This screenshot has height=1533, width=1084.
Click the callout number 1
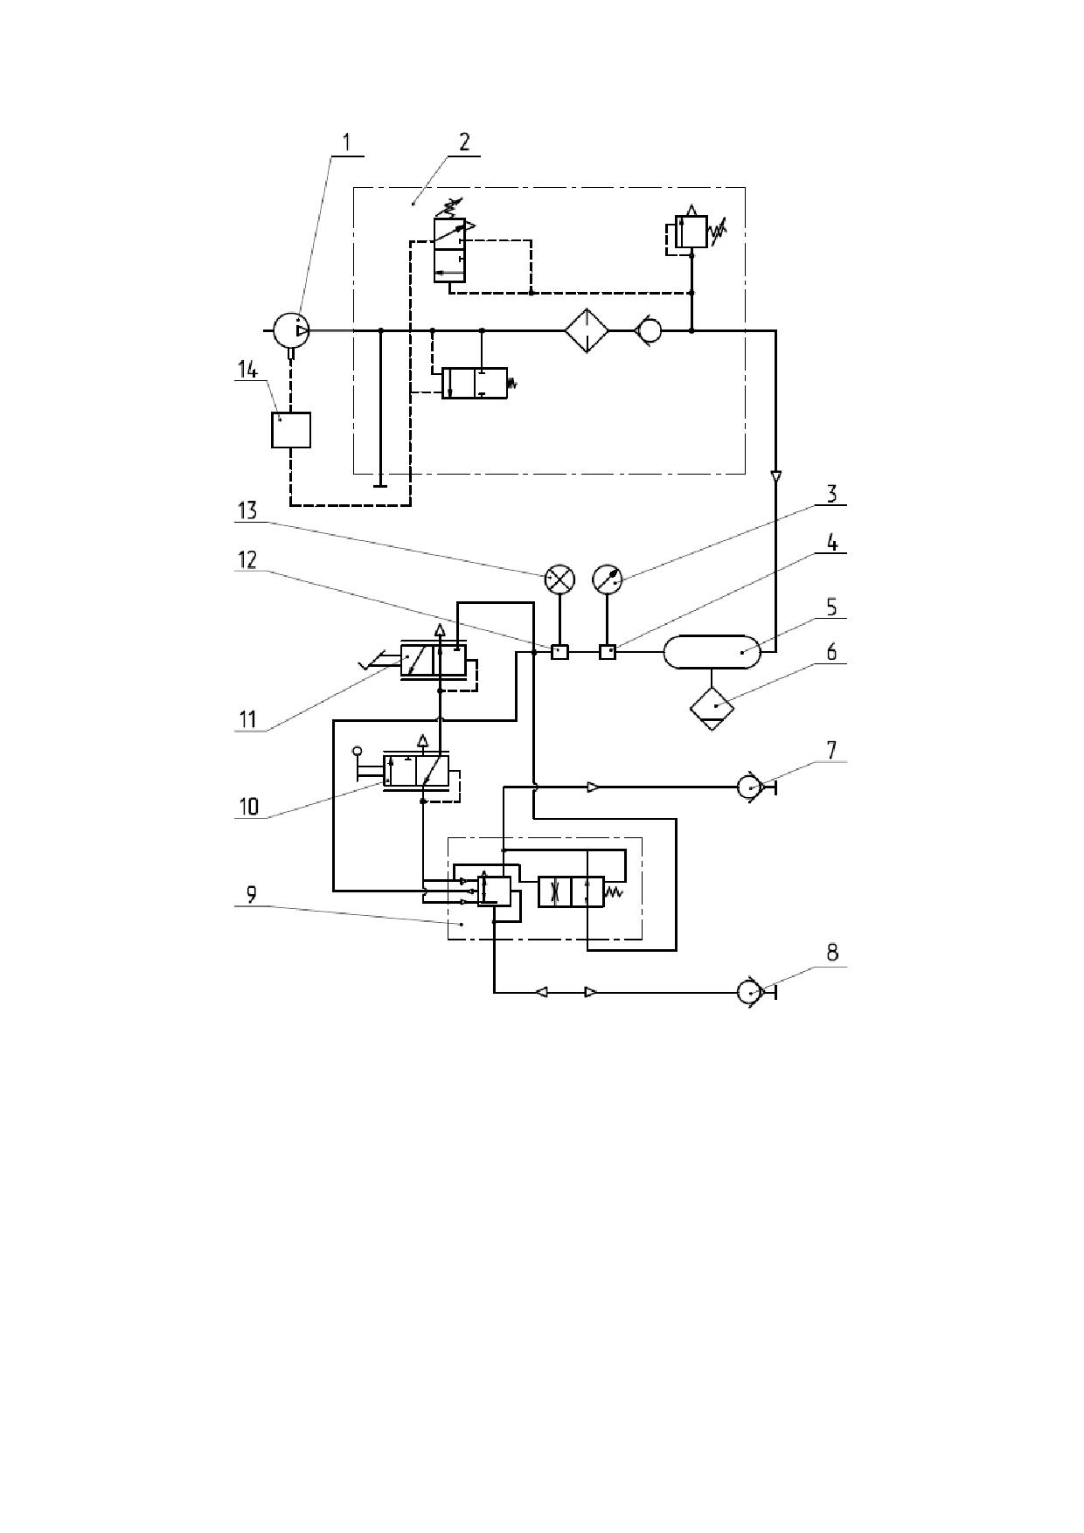pos(346,142)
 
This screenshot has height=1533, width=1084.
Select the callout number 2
pos(464,142)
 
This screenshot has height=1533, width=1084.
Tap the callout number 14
pos(247,371)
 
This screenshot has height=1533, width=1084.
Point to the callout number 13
pos(247,510)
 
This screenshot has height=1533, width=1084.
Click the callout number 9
pos(251,894)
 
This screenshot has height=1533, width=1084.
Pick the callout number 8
pos(832,952)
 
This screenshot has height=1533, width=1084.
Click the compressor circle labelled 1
pos(290,330)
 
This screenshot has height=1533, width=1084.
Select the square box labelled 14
pos(291,429)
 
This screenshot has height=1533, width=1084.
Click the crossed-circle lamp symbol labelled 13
pos(559,579)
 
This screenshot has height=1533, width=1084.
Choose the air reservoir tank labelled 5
pos(712,652)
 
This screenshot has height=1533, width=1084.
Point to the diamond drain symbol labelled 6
pos(712,707)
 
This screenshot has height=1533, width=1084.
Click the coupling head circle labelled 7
pos(750,787)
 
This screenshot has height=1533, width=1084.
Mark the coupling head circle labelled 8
pos(749,993)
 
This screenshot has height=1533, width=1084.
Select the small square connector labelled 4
pos(607,652)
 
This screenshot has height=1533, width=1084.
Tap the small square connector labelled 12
pos(559,652)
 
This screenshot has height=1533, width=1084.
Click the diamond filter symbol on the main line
pos(586,330)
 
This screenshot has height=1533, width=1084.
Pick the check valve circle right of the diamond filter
pos(650,330)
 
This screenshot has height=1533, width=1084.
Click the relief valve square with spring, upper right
pos(691,232)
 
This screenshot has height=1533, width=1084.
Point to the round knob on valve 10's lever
pos(357,752)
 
